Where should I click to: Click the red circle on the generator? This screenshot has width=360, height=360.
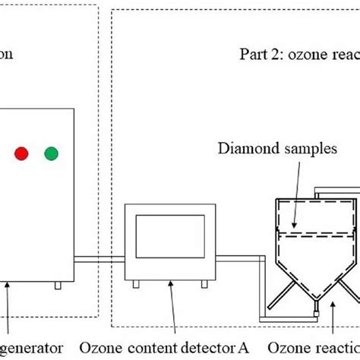(21, 154)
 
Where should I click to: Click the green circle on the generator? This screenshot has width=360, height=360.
(52, 154)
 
